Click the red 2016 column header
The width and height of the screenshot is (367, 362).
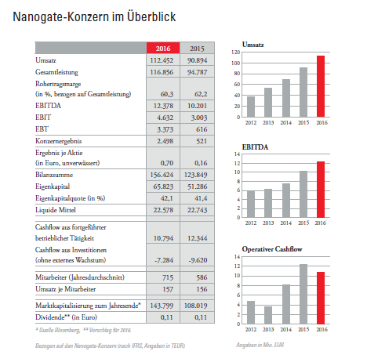tap(163, 48)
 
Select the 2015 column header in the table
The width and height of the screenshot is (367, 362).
tap(197, 48)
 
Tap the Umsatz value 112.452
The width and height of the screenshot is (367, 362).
tap(162, 60)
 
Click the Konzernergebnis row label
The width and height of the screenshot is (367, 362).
tap(59, 141)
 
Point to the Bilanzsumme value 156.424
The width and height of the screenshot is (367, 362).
tap(162, 175)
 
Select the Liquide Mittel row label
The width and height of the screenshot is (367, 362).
tap(56, 210)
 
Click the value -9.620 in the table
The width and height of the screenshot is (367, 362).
tap(198, 260)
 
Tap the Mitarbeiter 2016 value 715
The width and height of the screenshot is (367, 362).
tap(168, 277)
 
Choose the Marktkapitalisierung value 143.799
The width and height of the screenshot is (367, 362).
tap(162, 306)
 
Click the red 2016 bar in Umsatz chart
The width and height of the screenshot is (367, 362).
tap(321, 86)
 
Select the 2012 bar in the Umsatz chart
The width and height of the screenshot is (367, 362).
tap(251, 107)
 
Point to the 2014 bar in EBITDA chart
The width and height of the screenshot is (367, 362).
tap(286, 201)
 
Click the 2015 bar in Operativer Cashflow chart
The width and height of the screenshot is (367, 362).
tap(303, 294)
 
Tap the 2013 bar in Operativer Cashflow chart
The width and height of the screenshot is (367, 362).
tap(268, 315)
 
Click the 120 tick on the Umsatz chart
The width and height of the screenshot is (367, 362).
tap(235, 52)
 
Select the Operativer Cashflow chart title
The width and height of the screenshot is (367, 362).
tap(272, 249)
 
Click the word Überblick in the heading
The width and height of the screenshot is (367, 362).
tap(151, 16)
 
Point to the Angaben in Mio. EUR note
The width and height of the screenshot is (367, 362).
tap(260, 345)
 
